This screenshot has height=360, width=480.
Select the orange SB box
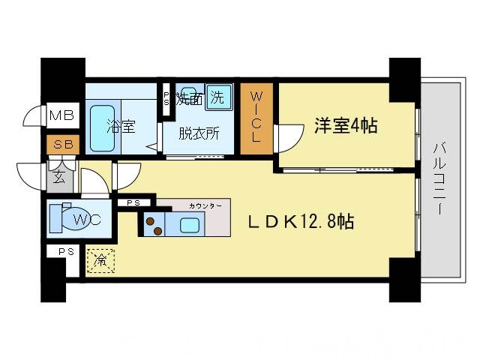[58, 143]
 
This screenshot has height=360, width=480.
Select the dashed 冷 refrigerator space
[100, 260]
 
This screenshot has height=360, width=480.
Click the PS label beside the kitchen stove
[133, 202]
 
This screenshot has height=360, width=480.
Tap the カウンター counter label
[203, 204]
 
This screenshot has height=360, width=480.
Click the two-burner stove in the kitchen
[155, 223]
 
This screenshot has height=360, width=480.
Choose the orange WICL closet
[256, 117]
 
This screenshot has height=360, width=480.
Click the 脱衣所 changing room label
[199, 134]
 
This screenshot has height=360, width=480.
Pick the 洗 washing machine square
[217, 95]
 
